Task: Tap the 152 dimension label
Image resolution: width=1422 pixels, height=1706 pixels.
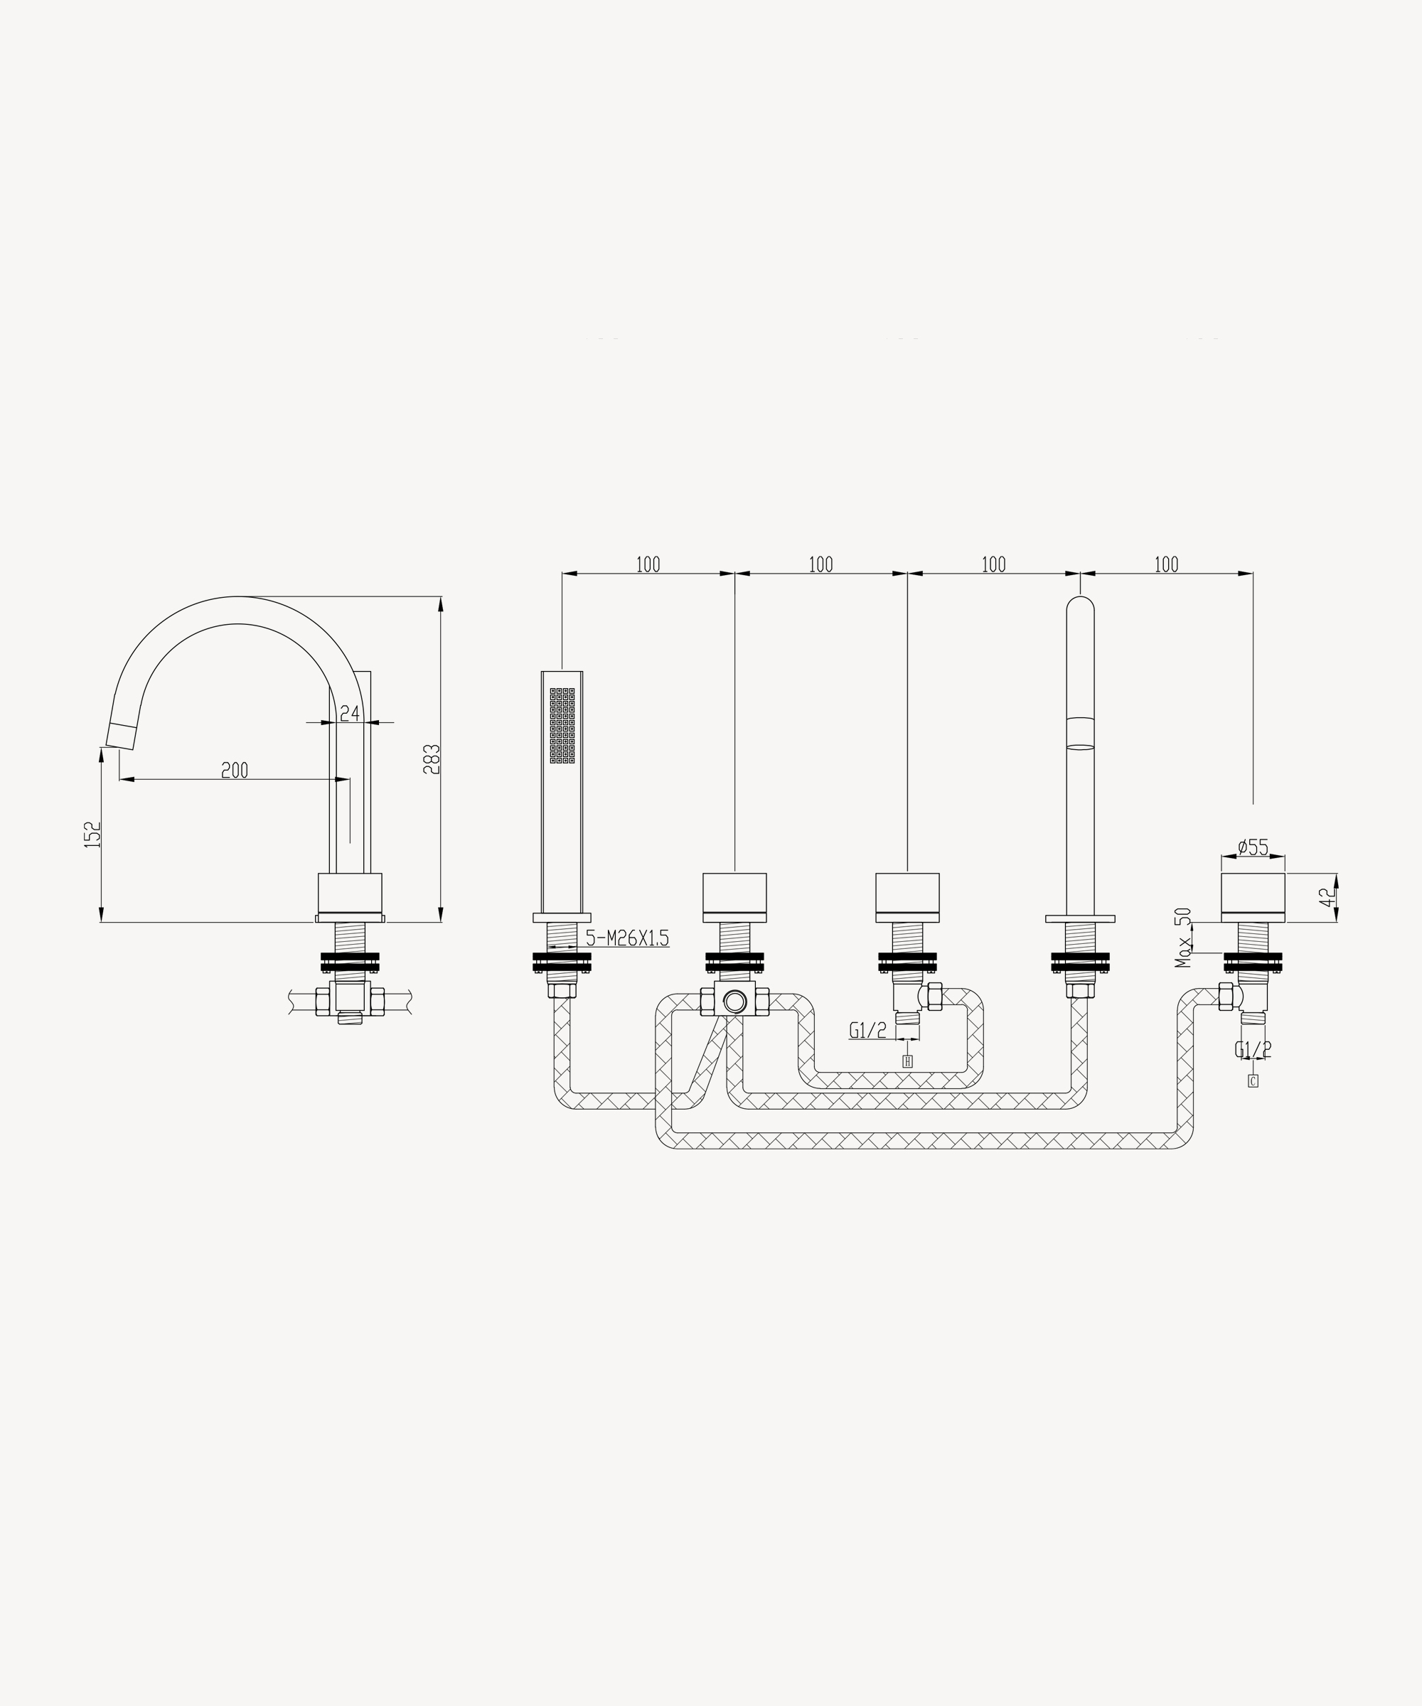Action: [93, 835]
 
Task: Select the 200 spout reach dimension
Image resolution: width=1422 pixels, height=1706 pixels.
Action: [235, 770]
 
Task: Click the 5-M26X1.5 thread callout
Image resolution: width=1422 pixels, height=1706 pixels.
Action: [626, 938]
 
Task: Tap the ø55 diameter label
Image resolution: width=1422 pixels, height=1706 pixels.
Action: [1253, 847]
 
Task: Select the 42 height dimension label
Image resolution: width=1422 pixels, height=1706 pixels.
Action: [1326, 898]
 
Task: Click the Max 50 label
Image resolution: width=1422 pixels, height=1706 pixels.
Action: [1183, 938]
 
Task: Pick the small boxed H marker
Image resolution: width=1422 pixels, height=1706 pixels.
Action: [908, 1061]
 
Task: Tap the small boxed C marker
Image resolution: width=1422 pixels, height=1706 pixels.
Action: [1253, 1081]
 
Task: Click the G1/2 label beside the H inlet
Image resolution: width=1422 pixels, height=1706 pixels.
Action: [868, 1030]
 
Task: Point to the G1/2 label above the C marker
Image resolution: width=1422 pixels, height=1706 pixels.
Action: [1253, 1050]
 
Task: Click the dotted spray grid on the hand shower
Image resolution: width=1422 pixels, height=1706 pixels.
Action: [562, 726]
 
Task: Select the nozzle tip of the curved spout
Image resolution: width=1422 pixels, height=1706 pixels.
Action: [120, 734]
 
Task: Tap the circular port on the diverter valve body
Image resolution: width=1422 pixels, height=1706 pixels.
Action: [734, 1001]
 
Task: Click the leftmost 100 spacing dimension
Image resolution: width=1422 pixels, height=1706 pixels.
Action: [648, 564]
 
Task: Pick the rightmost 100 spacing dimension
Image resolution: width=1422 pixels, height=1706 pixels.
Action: [1166, 564]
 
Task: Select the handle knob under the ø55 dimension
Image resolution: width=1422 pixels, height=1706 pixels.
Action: [1253, 898]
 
